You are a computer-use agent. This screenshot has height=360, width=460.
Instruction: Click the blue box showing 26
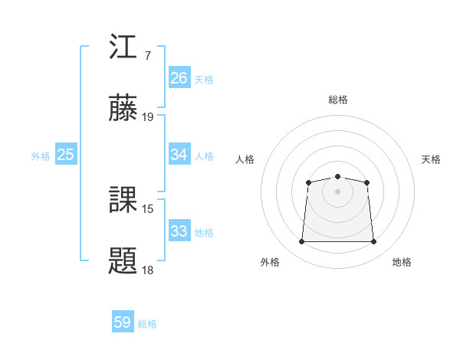pos(179,77)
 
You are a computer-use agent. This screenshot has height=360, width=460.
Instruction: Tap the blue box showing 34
pos(179,155)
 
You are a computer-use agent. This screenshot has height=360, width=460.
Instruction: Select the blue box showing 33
pos(179,231)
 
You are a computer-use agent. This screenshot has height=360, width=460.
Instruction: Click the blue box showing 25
pos(66,155)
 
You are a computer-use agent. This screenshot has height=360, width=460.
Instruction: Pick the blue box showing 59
pos(123,322)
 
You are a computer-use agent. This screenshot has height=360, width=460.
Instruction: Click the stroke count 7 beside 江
pos(147,56)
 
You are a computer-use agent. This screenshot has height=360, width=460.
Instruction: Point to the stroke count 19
pos(148,117)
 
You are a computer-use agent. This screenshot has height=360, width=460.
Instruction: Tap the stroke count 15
pos(148,208)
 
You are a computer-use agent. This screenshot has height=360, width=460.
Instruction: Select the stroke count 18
pos(148,270)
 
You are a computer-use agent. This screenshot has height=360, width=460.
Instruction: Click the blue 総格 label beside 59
pos(147,324)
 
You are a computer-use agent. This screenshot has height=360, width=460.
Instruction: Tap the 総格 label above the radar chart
pos(337,100)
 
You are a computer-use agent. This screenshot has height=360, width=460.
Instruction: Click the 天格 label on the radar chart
pos(432,159)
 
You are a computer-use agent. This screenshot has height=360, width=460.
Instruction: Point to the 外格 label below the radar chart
pos(270,262)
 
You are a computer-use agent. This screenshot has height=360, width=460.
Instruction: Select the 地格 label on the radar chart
pos(402,262)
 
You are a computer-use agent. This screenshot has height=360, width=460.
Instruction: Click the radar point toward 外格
pos(301,242)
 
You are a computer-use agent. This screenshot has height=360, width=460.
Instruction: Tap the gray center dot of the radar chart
pos(337,191)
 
